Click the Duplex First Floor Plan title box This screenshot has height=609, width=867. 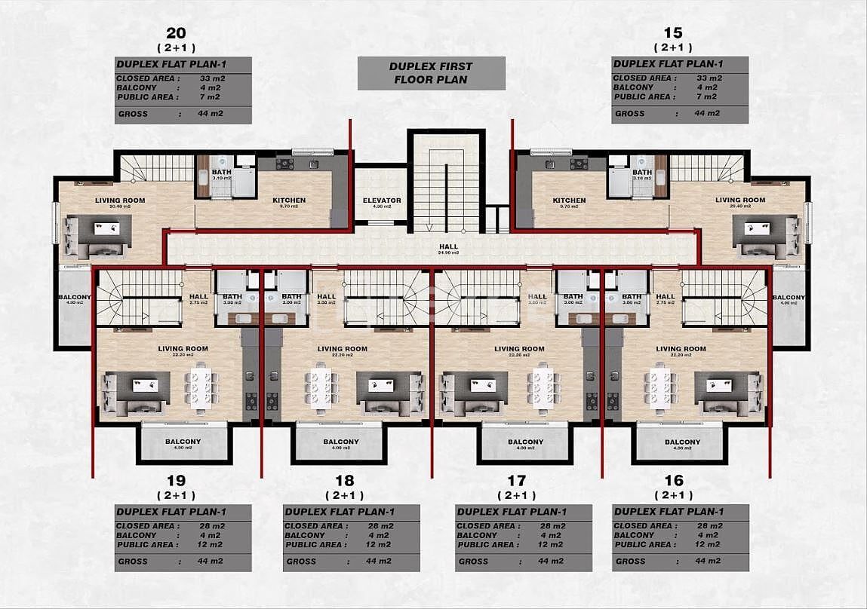(x=431, y=72)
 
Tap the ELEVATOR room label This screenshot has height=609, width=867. (x=381, y=200)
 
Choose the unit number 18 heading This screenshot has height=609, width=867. (x=344, y=480)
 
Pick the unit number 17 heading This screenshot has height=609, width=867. (x=516, y=480)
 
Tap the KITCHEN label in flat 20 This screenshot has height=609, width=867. (x=289, y=200)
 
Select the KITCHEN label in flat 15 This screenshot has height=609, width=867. (x=569, y=200)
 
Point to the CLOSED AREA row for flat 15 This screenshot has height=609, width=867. (x=679, y=78)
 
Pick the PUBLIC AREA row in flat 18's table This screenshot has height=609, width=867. (x=351, y=544)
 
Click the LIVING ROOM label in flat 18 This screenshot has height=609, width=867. (x=343, y=349)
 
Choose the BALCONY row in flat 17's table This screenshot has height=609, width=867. (x=524, y=535)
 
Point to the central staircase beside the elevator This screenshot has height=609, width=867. (x=446, y=185)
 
